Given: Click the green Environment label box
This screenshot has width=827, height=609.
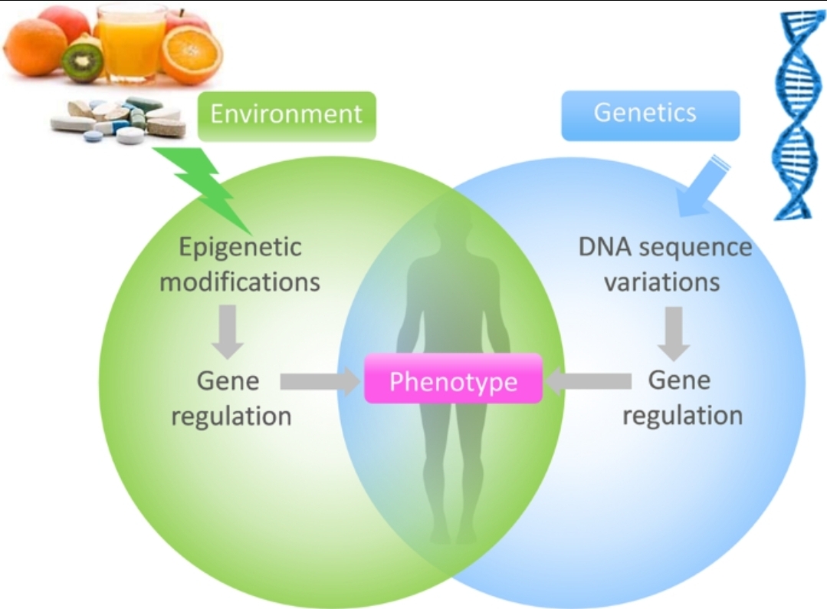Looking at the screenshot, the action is (x=287, y=116).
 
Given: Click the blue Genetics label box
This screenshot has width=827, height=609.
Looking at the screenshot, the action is (x=650, y=116).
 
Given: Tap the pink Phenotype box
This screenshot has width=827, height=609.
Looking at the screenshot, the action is (x=454, y=378).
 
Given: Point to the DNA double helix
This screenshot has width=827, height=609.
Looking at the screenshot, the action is (x=796, y=115).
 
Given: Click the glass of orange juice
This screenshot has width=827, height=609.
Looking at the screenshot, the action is (x=131, y=42).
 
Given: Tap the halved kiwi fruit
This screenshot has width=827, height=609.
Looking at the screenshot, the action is (x=83, y=61).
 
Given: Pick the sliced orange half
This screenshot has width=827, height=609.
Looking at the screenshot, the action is (x=192, y=55).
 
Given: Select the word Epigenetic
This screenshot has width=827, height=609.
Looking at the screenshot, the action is (x=240, y=248).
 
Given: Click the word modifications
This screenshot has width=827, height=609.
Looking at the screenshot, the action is (x=240, y=281).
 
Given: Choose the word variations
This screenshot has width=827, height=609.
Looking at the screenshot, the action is (x=662, y=281).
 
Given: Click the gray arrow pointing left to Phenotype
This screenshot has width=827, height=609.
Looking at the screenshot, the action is (x=589, y=380).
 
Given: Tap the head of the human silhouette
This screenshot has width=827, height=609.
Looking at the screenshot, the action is (x=453, y=222).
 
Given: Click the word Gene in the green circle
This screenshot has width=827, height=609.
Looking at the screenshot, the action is (x=228, y=381).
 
